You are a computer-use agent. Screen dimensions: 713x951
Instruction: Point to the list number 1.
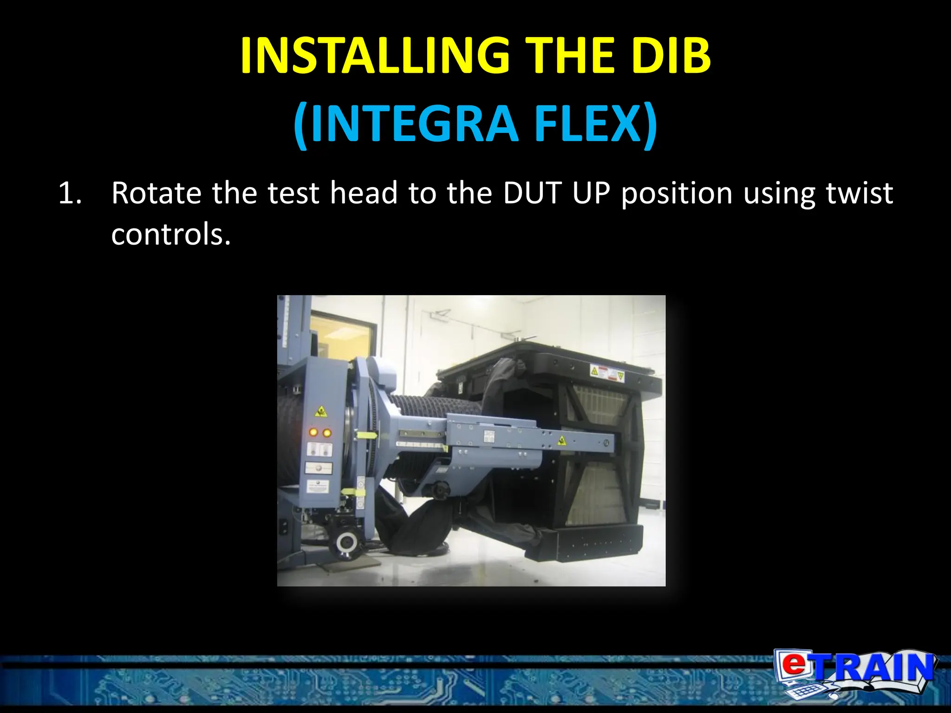point(70,193)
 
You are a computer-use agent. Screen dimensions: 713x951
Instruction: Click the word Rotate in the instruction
point(156,193)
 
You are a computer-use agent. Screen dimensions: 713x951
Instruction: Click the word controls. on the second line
point(171,234)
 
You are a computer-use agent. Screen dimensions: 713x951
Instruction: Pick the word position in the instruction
point(677,193)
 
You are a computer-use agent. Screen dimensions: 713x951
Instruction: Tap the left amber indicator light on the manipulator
point(313,433)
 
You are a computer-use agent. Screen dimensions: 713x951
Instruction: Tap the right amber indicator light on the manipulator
point(327,433)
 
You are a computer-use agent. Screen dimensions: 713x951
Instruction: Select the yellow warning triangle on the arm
point(561,440)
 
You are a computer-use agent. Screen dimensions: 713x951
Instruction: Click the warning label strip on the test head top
point(607,372)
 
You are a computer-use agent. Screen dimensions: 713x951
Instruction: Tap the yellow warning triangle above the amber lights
point(320,412)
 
